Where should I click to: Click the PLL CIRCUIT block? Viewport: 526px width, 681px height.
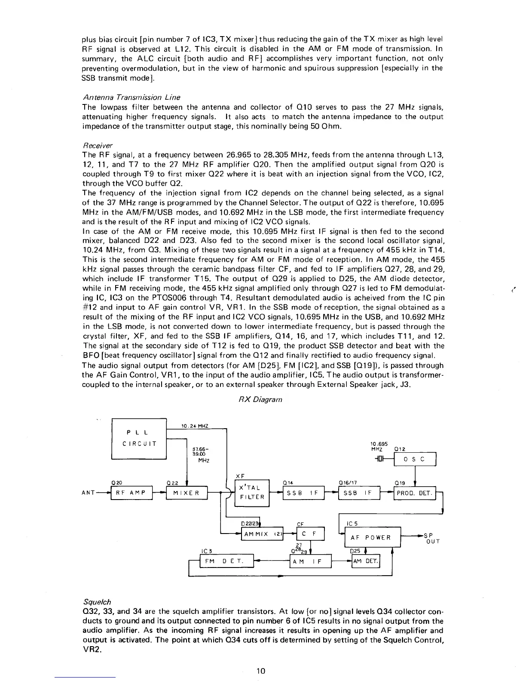pos(139,438)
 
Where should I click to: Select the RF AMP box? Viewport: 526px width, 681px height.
pos(132,493)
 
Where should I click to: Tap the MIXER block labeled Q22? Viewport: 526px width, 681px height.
pos(187,493)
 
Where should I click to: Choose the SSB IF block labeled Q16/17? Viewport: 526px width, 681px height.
pos(359,493)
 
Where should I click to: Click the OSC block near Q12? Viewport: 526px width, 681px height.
pos(416,459)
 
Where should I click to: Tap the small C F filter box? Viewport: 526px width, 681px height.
pos(309,534)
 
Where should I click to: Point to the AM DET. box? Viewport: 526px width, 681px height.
pos(366,561)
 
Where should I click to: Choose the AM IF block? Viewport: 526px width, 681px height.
pos(311,561)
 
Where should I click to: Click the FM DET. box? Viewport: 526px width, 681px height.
pos(226,561)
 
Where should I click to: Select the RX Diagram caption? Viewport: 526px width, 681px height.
pos(260,399)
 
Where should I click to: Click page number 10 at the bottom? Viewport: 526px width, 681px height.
pos(260,671)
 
